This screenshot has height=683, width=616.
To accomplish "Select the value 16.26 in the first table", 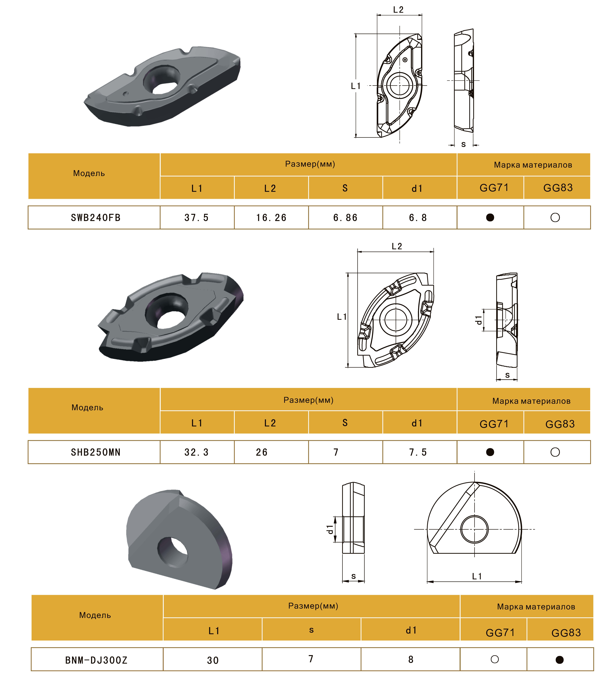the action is pyautogui.click(x=271, y=218).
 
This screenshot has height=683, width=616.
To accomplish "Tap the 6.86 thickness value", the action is pyautogui.click(x=345, y=218).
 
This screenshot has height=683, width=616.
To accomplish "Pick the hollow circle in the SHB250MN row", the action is pyautogui.click(x=555, y=452).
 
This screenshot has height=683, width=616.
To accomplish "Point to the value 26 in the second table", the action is pyautogui.click(x=262, y=452).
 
